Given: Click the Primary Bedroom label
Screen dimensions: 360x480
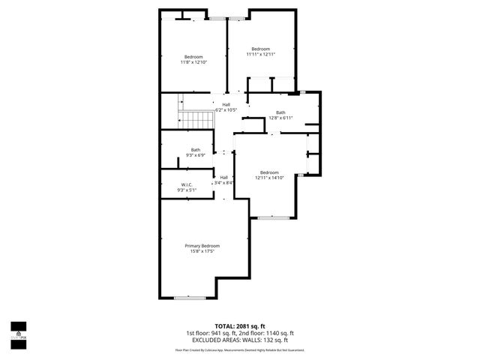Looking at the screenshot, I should click(x=202, y=245).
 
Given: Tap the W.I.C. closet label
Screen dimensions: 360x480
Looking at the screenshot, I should click(x=187, y=184).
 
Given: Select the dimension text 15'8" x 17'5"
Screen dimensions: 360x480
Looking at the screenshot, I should click(x=202, y=251).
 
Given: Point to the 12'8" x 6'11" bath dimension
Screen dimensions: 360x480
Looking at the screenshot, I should click(x=280, y=118).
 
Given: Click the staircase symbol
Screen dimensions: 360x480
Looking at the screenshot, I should click(x=191, y=118).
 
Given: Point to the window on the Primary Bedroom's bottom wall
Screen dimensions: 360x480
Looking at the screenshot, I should click(x=190, y=298).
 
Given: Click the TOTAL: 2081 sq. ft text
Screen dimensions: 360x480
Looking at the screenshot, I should click(x=240, y=326).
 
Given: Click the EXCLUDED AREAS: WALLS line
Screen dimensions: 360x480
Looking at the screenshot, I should click(x=240, y=340).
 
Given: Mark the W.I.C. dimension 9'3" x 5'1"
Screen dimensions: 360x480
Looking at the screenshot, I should click(x=187, y=190).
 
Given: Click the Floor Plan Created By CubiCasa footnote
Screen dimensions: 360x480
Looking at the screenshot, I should click(x=240, y=349).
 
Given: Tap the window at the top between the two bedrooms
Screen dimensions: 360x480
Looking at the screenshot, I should click(x=218, y=18).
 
